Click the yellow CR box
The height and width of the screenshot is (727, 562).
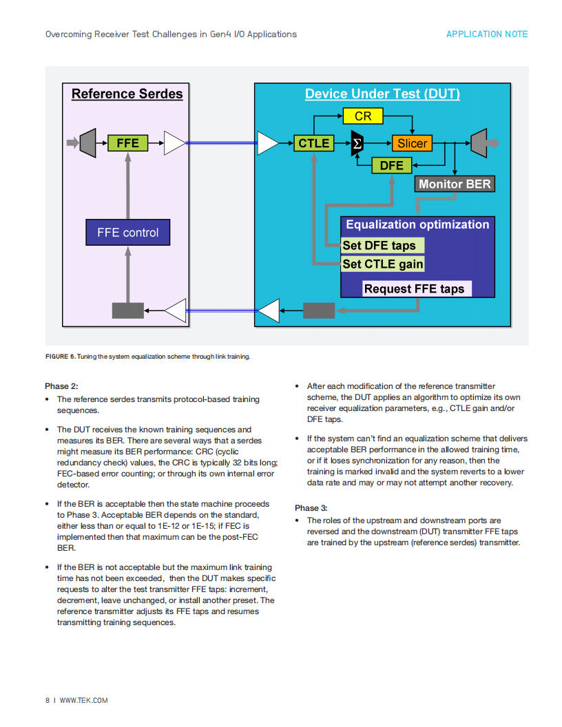tap(363, 116)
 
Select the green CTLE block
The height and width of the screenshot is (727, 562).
tap(314, 143)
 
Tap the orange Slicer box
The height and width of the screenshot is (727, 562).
tap(413, 143)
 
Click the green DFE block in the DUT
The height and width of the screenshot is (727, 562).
tap(392, 165)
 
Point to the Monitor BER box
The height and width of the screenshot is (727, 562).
tap(455, 184)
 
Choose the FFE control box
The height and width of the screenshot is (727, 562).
tap(128, 232)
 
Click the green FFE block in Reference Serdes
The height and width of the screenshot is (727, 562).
tap(127, 143)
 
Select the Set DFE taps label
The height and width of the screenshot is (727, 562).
tap(382, 245)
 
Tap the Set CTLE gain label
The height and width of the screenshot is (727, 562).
tap(382, 264)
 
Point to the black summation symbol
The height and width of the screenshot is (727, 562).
tap(357, 143)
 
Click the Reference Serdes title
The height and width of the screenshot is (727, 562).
tap(127, 94)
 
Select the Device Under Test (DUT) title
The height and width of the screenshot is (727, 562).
tap(382, 94)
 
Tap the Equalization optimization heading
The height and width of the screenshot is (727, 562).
tap(417, 224)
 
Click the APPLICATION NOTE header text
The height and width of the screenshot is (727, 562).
tap(487, 34)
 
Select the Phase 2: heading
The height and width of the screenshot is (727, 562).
tap(61, 386)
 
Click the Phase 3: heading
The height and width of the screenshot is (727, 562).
tap(311, 508)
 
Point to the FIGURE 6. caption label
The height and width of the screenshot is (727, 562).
tap(61, 357)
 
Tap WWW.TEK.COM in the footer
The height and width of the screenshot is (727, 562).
tap(83, 701)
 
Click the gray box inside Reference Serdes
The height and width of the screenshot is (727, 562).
tap(128, 310)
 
